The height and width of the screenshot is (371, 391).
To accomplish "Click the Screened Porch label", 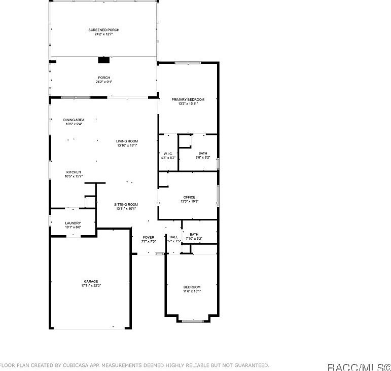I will click(x=103, y=30).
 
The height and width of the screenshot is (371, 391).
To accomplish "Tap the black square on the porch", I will click(x=103, y=60).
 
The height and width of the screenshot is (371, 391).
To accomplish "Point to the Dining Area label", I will click(x=74, y=120).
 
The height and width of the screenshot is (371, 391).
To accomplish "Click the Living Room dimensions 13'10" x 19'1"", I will click(x=127, y=145).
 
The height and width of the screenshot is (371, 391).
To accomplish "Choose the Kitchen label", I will click(x=74, y=172).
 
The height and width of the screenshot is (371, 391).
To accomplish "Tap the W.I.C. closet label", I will click(x=168, y=154).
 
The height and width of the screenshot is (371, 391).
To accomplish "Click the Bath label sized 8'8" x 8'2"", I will click(x=203, y=154).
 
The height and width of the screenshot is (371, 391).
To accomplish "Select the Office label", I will click(x=189, y=197).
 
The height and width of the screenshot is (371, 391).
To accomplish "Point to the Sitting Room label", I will click(x=126, y=204).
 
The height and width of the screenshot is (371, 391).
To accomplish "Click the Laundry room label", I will click(x=73, y=223).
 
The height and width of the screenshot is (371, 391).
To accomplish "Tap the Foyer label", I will click(x=148, y=237).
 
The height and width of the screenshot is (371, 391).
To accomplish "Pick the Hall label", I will click(x=173, y=237).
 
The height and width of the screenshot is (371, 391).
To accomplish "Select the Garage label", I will click(x=91, y=281).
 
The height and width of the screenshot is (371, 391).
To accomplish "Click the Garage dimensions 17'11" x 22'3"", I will click(x=91, y=286).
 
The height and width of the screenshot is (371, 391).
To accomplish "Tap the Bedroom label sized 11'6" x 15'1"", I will click(x=192, y=287).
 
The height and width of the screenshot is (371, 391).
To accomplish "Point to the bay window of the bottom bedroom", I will click(x=192, y=320).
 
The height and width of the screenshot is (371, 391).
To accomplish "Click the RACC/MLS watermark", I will click(x=358, y=366).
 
